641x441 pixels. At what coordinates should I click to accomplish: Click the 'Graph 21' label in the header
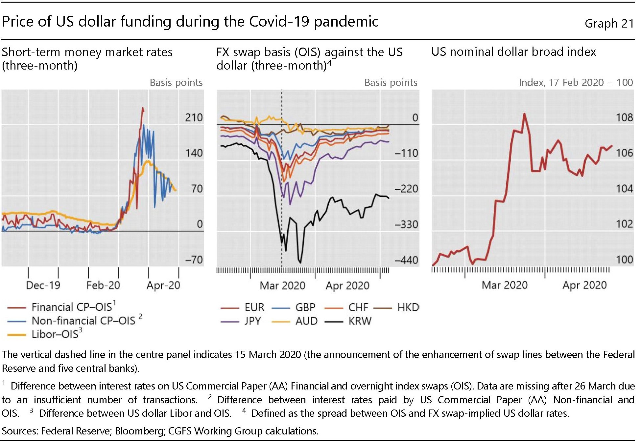[x=609, y=23]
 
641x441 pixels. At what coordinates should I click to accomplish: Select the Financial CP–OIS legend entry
[x=72, y=307]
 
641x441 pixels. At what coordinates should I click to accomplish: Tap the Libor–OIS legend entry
[x=55, y=334]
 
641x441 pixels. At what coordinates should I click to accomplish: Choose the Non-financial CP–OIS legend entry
[x=83, y=320]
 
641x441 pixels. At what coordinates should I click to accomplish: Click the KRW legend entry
[x=360, y=321]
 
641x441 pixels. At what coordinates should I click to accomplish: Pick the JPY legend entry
[x=252, y=321]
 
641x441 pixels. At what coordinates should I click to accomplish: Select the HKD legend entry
[x=408, y=307]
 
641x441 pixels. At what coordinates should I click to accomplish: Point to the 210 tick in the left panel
[x=194, y=117]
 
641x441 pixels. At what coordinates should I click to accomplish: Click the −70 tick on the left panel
[x=194, y=260]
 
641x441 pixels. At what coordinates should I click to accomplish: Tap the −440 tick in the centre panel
[x=406, y=260]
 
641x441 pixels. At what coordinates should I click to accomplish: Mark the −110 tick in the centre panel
[x=406, y=153]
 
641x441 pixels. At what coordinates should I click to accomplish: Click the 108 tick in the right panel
[x=624, y=117]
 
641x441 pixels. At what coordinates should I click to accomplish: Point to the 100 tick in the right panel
[x=624, y=260]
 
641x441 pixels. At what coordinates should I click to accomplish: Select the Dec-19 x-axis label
[x=43, y=285]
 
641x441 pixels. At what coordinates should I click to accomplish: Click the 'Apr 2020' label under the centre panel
[x=347, y=286]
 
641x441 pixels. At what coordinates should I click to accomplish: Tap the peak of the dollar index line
[x=524, y=114]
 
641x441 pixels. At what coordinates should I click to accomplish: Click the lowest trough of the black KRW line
[x=300, y=262]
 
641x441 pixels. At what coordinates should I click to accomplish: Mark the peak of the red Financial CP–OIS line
[x=143, y=108]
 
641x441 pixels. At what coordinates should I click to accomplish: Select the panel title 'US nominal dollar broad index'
[x=513, y=52]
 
